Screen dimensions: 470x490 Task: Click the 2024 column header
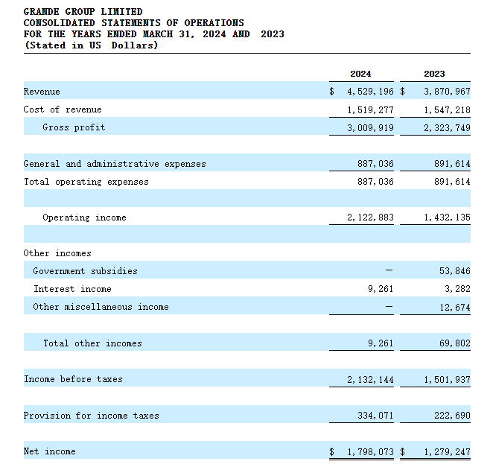click(x=360, y=74)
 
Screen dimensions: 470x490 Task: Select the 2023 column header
click(x=434, y=74)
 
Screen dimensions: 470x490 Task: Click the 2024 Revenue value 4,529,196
click(x=371, y=92)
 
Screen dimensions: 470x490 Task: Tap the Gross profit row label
click(x=74, y=127)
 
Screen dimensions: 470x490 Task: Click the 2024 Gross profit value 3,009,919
click(x=371, y=127)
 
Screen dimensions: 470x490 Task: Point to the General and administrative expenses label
click(x=115, y=164)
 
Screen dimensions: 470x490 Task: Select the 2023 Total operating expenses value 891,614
click(x=451, y=182)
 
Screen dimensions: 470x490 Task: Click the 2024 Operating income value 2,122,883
click(x=371, y=217)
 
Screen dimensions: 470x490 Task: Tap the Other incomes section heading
click(x=57, y=253)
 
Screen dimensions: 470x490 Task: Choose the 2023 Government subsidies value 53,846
click(x=454, y=271)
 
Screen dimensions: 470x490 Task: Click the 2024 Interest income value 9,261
click(x=381, y=289)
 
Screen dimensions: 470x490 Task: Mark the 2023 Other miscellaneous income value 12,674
click(x=454, y=307)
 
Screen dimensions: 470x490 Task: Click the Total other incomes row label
click(x=92, y=343)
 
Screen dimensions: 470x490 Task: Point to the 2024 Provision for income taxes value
click(x=375, y=415)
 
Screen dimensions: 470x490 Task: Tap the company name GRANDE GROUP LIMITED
click(x=83, y=12)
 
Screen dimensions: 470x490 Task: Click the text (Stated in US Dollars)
click(x=91, y=45)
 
